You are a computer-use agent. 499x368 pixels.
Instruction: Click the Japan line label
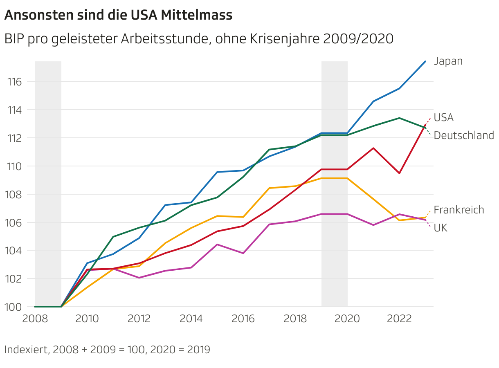click(448, 61)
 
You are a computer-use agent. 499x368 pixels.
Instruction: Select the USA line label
click(443, 118)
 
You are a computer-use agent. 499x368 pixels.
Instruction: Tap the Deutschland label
click(463, 135)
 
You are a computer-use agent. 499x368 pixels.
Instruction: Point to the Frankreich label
click(459, 210)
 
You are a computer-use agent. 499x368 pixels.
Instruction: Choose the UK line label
click(440, 228)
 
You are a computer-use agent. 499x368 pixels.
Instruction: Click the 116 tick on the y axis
click(14, 82)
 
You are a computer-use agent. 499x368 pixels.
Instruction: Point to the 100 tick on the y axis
click(14, 307)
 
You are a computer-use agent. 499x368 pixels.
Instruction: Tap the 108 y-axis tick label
click(14, 194)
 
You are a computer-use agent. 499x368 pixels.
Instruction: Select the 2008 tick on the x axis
click(35, 319)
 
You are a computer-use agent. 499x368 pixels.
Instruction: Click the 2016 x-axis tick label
click(243, 319)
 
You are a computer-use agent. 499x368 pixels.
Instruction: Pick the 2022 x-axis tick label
click(399, 319)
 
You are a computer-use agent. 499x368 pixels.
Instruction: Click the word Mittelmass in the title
click(196, 16)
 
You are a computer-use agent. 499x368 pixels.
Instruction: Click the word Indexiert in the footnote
click(26, 350)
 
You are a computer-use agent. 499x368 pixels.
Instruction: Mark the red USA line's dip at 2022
click(399, 173)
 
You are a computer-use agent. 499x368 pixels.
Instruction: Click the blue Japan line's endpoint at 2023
click(425, 61)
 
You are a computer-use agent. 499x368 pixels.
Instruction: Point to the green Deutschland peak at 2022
click(399, 118)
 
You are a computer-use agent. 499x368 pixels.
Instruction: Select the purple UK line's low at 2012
click(139, 278)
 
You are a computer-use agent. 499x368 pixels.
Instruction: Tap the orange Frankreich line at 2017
click(269, 188)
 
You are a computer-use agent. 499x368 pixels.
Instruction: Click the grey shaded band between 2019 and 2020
click(335, 184)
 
